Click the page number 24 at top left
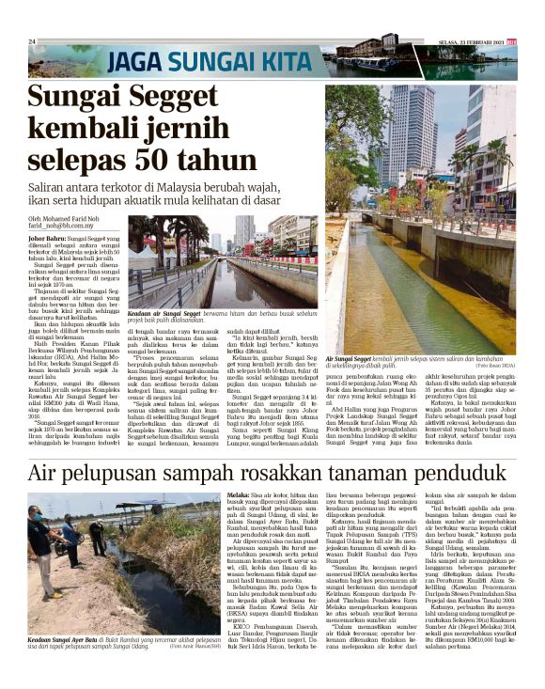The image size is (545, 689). [31, 42]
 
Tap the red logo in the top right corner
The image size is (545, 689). [511, 41]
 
